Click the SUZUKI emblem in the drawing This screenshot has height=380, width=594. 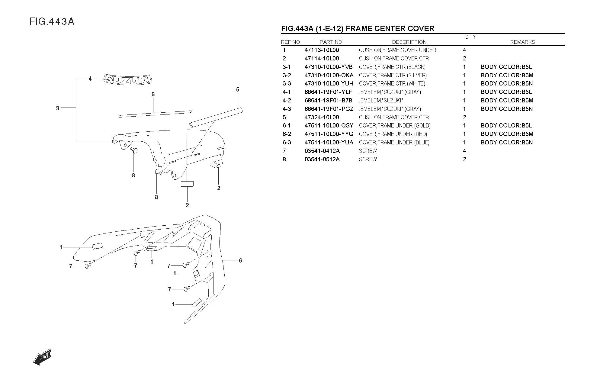pyautogui.click(x=128, y=79)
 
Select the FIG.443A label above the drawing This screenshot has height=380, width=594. pyautogui.click(x=52, y=21)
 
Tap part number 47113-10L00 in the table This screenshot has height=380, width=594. pyautogui.click(x=322, y=50)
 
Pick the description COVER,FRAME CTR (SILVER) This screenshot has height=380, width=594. pyautogui.click(x=393, y=75)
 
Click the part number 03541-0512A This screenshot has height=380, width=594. pyautogui.click(x=322, y=159)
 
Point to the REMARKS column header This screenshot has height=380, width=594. pyautogui.click(x=522, y=42)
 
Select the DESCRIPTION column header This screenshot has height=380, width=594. pyautogui.click(x=409, y=42)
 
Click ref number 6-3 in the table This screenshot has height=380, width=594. pyautogui.click(x=287, y=142)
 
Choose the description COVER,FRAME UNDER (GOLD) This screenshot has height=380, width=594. pyautogui.click(x=395, y=125)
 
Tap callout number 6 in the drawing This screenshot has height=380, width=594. pyautogui.click(x=240, y=260)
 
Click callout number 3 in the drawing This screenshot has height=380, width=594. pyautogui.click(x=58, y=108)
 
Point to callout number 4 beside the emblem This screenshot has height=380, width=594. pyautogui.click(x=90, y=79)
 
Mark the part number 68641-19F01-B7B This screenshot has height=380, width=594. pyautogui.click(x=328, y=100)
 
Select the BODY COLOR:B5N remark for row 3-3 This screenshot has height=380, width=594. pyautogui.click(x=507, y=83)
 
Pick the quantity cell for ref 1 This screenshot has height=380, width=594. pyautogui.click(x=464, y=50)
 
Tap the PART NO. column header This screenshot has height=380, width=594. pyautogui.click(x=331, y=42)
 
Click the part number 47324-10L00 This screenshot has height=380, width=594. pyautogui.click(x=322, y=117)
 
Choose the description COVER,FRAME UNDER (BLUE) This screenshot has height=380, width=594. pyautogui.click(x=394, y=142)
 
